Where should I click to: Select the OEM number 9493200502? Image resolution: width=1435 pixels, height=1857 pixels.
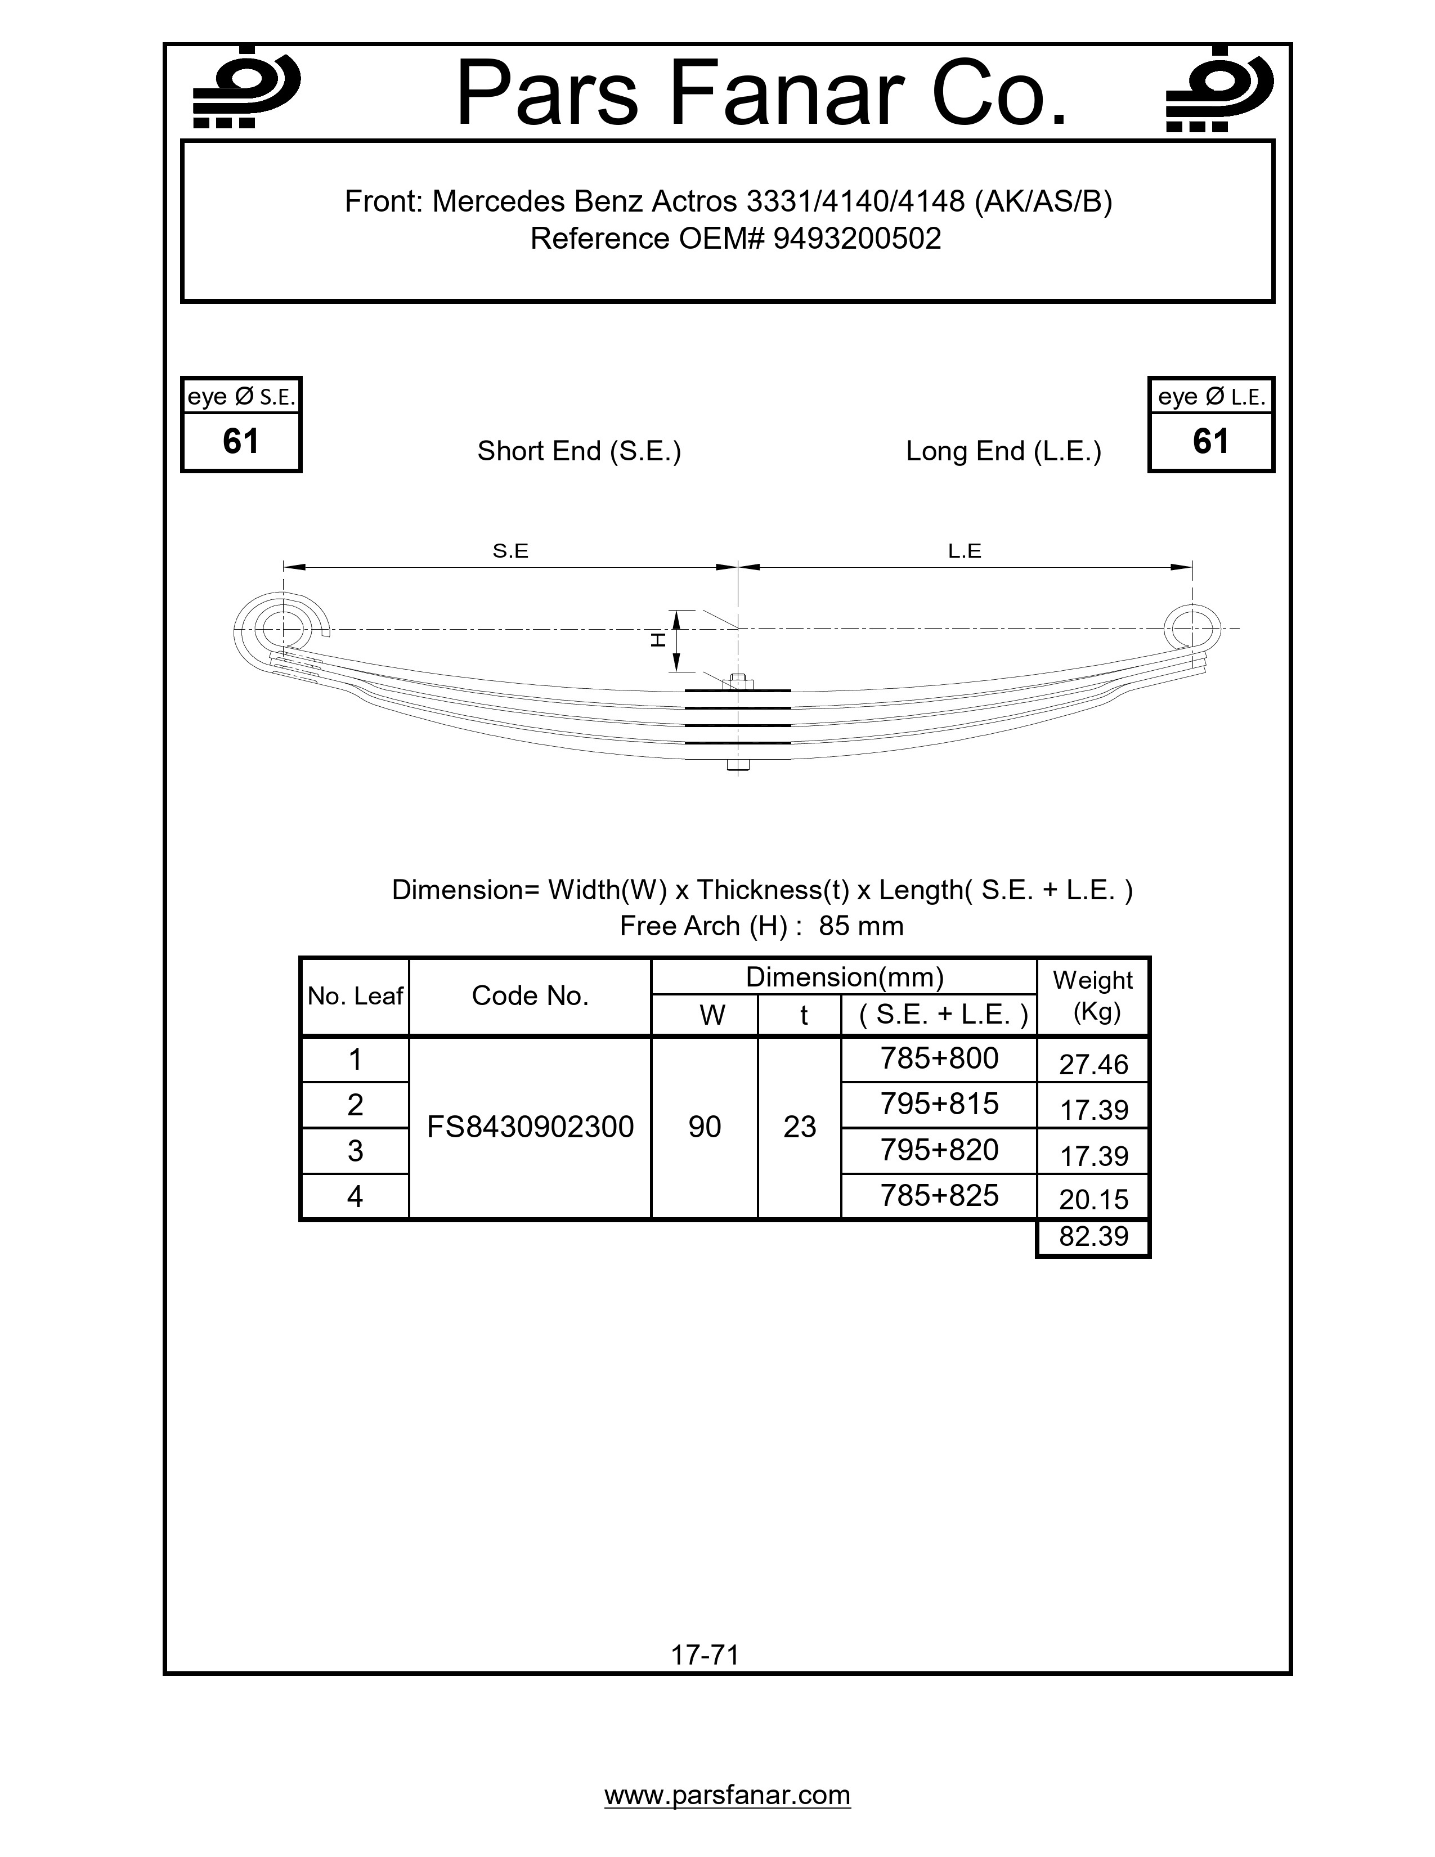tap(857, 239)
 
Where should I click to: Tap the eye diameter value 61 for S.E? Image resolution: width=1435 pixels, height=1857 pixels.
tap(241, 441)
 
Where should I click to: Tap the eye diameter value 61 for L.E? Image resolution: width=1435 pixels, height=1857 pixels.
tap(1210, 441)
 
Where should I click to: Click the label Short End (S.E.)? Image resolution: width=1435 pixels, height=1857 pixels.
tap(579, 451)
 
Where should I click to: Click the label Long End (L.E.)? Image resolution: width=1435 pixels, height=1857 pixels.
tap(1003, 451)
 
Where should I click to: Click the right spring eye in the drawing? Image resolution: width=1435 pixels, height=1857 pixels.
tap(1192, 629)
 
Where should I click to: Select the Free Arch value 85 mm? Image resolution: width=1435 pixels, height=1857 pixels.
tap(860, 926)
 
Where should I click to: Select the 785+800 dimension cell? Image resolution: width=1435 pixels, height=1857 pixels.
tap(939, 1058)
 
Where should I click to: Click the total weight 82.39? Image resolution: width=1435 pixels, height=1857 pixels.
tap(1093, 1236)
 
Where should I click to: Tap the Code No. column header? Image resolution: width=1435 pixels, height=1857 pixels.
tap(530, 995)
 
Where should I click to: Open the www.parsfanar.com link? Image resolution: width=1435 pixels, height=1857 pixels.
tap(727, 1795)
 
